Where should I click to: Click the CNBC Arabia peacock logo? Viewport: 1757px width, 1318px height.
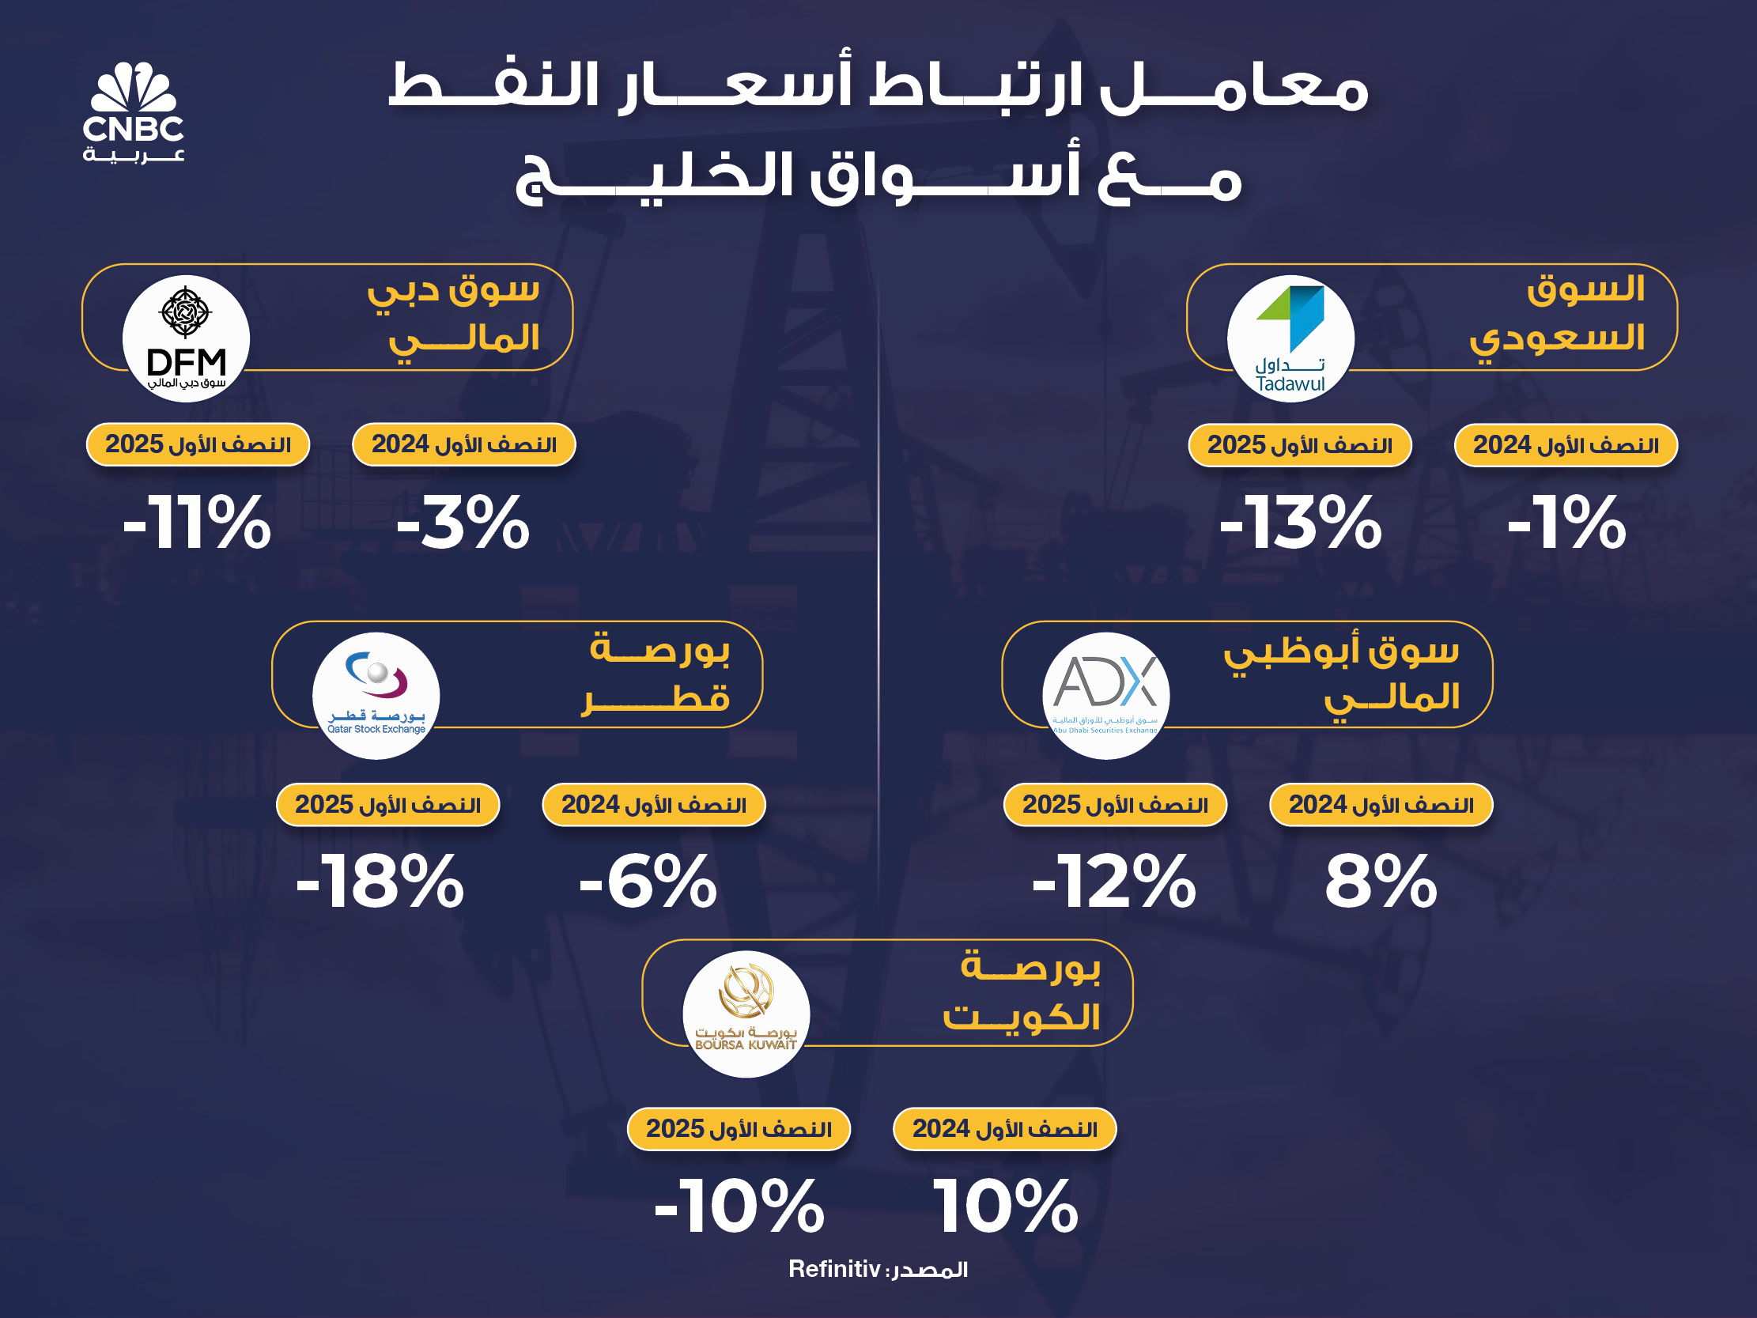[x=134, y=112]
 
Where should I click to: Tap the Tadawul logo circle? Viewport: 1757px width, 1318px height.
[x=1290, y=338]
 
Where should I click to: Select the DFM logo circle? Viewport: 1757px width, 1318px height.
[x=186, y=338]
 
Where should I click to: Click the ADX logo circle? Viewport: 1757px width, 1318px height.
[x=1105, y=696]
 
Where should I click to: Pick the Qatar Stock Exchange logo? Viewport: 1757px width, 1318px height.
[x=376, y=696]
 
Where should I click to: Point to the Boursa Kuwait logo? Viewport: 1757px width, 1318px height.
[x=746, y=1014]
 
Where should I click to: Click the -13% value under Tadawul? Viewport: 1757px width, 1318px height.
[x=1300, y=522]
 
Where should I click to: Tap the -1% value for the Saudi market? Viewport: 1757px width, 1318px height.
[x=1566, y=522]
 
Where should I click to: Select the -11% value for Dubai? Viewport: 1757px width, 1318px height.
[x=197, y=522]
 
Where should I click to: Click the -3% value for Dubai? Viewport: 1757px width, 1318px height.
[x=463, y=522]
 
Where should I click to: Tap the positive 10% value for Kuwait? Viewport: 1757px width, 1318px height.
[x=1006, y=1206]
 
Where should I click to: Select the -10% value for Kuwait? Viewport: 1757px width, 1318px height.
[x=739, y=1206]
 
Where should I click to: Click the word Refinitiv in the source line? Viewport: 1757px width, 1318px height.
[x=834, y=1269]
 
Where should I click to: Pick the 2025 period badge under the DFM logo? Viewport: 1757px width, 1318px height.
[x=198, y=444]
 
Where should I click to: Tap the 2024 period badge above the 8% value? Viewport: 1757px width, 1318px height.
[x=1381, y=805]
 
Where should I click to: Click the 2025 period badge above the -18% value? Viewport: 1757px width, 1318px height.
[x=387, y=805]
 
